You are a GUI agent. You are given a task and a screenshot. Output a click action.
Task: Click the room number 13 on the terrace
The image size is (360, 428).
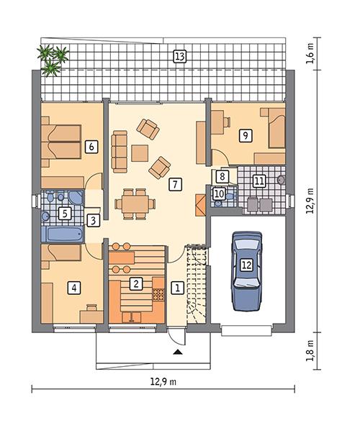pyautogui.click(x=179, y=56)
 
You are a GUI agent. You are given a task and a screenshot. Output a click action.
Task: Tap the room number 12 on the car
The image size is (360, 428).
pyautogui.click(x=246, y=265)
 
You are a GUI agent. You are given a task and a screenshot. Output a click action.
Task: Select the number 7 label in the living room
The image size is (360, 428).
pyautogui.click(x=174, y=184)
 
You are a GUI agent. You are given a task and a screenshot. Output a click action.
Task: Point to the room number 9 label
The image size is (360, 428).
pyautogui.click(x=246, y=135)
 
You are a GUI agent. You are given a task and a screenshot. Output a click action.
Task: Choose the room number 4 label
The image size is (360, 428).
pyautogui.click(x=72, y=288)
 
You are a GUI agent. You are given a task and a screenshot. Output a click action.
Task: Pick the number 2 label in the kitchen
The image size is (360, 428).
pyautogui.click(x=135, y=283)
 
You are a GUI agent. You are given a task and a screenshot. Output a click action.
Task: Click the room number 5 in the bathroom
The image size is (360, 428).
pyautogui.click(x=65, y=213)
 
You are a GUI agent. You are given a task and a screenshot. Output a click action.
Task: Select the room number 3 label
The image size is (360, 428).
pyautogui.click(x=92, y=220)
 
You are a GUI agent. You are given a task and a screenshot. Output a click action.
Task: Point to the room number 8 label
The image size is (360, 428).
pyautogui.click(x=223, y=176)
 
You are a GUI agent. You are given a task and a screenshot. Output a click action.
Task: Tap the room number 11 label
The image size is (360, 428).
pyautogui.click(x=259, y=181)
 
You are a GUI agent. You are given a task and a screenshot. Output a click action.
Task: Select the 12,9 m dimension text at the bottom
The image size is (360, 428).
pyautogui.click(x=164, y=380)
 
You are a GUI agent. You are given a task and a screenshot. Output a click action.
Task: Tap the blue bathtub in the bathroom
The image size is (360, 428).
pyautogui.click(x=63, y=235)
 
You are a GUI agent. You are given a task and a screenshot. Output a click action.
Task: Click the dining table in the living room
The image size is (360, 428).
pyautogui.click(x=135, y=202)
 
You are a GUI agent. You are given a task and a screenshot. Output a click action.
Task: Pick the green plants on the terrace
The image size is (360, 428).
pyautogui.click(x=53, y=59)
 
